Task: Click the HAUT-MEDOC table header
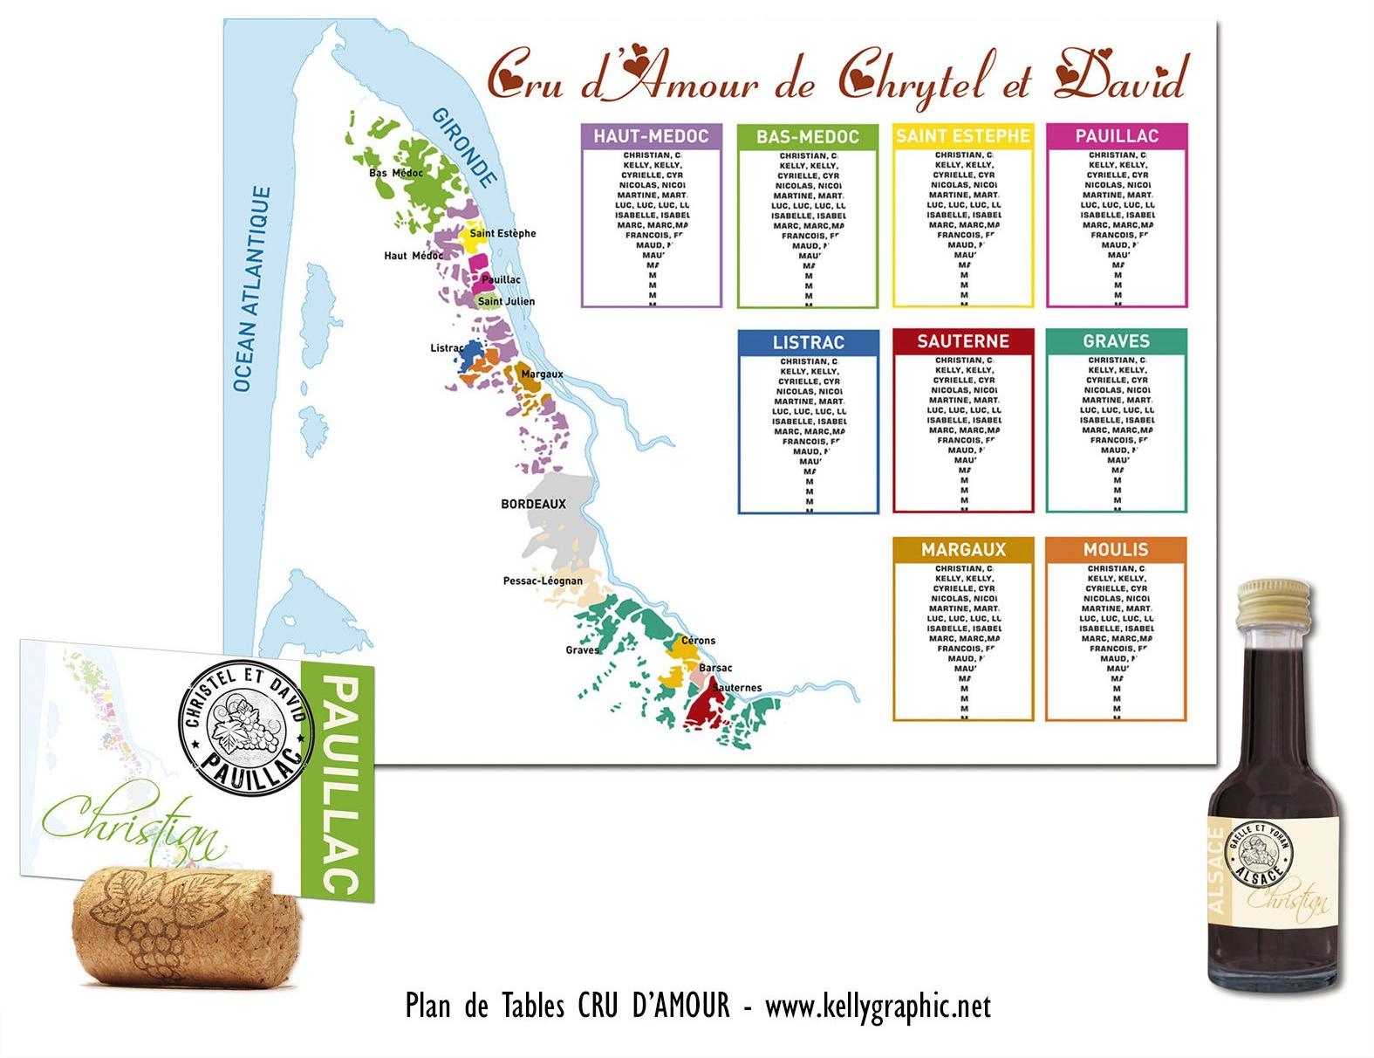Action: (651, 136)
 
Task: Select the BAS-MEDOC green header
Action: (807, 137)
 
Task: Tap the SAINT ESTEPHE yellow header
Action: (963, 136)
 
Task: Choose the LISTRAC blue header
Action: (808, 342)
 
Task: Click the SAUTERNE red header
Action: (963, 341)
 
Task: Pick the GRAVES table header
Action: (1116, 341)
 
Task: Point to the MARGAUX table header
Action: (963, 550)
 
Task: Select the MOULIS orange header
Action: (1116, 550)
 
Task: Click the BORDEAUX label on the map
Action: (533, 505)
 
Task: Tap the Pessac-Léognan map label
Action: (543, 581)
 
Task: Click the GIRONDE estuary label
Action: (465, 148)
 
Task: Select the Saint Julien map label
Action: (506, 301)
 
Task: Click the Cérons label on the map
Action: (698, 641)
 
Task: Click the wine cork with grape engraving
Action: (188, 925)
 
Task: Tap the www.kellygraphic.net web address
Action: (878, 1006)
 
